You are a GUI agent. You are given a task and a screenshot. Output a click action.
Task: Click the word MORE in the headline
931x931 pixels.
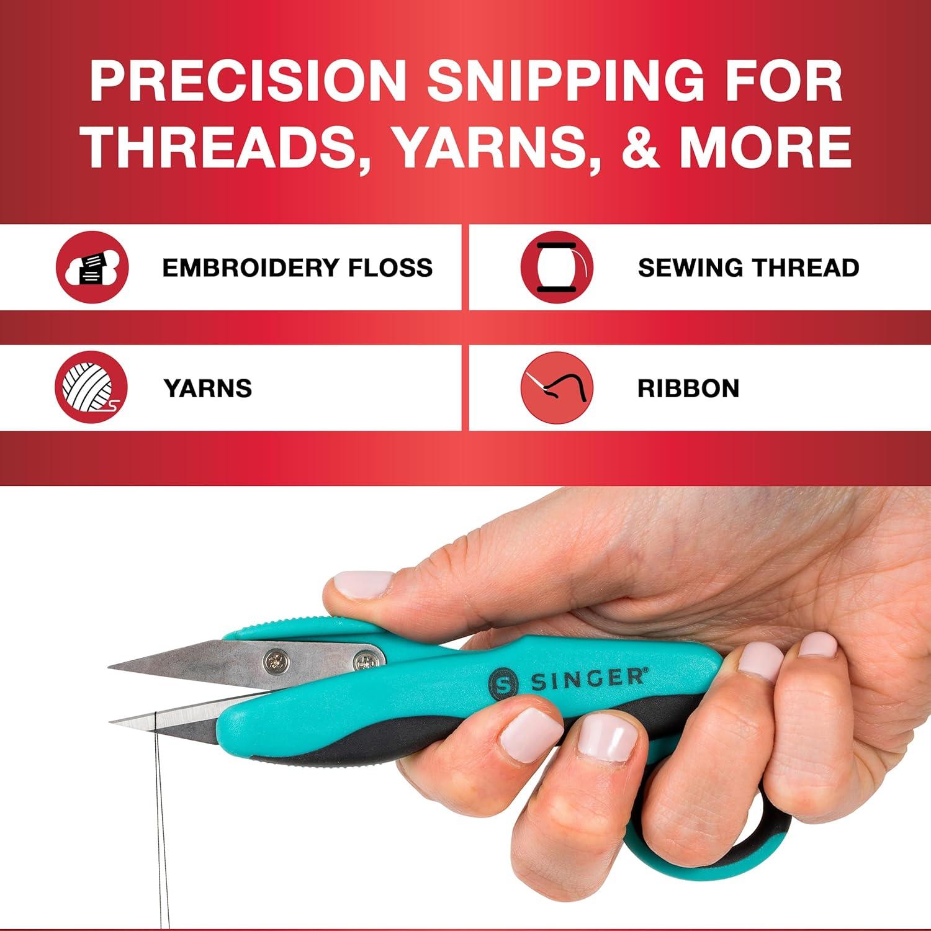[765, 146]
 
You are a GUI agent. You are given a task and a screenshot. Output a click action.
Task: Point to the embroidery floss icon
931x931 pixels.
[92, 267]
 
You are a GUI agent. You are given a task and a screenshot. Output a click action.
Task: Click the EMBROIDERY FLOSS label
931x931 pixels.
[297, 268]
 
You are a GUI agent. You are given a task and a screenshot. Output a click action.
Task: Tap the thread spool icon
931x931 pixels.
[557, 267]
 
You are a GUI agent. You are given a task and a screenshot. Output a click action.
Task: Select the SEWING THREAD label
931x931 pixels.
[748, 268]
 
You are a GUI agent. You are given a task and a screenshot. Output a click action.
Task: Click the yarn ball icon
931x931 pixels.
[91, 387]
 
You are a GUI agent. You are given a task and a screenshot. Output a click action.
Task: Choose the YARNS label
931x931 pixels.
[208, 389]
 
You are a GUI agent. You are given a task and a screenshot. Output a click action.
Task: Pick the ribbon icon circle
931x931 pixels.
[557, 387]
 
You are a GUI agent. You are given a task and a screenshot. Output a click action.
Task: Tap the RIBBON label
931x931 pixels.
[688, 389]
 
